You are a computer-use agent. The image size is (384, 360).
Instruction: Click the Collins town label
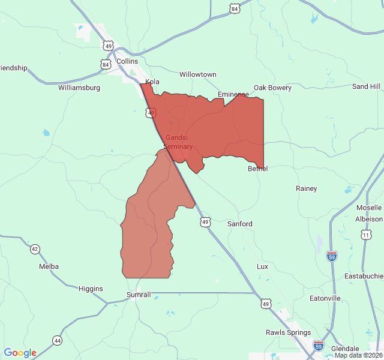tap(127, 61)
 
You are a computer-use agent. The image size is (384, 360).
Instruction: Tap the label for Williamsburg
tap(79, 88)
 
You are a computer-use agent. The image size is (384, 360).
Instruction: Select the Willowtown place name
tap(198, 74)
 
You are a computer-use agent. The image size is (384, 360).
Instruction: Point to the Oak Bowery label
tap(272, 88)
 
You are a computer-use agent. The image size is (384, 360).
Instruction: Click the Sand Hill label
tap(366, 86)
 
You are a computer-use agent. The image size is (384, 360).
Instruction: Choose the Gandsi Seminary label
tap(178, 142)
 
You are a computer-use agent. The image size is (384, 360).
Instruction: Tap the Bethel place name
tap(257, 169)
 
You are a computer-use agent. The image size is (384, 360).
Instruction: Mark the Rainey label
tap(306, 188)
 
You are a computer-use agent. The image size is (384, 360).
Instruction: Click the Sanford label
tap(239, 224)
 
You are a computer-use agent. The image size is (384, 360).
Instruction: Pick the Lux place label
tap(262, 266)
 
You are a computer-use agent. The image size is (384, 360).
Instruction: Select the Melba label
tap(49, 266)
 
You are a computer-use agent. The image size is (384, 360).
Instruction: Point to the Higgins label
tap(91, 289)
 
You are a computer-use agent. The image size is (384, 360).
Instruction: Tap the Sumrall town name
tap(139, 295)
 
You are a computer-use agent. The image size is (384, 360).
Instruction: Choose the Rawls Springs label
tap(288, 332)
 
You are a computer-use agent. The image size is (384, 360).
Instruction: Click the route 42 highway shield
tap(35, 249)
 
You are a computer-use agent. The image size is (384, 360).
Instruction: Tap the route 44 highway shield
tap(57, 340)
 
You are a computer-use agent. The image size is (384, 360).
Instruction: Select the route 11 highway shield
tap(366, 235)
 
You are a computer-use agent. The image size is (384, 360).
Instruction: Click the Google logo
tap(20, 353)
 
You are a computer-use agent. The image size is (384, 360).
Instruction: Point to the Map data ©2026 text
tap(358, 355)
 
